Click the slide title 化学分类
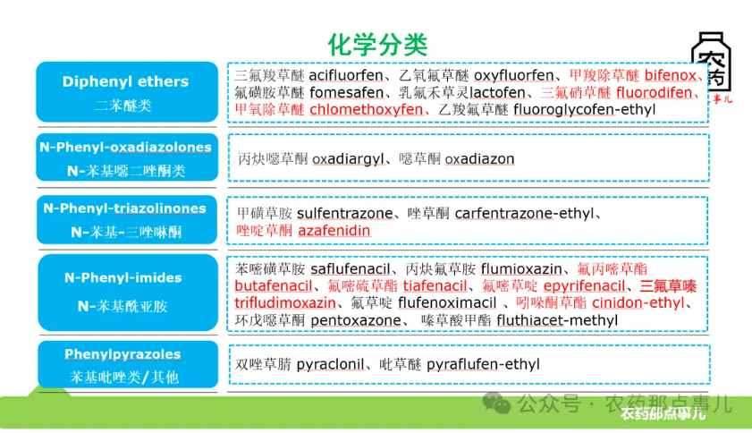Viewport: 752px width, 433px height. pos(377,44)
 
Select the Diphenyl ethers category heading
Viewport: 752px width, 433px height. pos(125,81)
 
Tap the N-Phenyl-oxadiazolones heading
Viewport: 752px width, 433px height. pos(125,148)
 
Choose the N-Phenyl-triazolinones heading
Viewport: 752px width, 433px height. pos(125,208)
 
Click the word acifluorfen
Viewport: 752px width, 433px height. pos(345,75)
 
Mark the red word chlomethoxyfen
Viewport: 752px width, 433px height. pos(366,109)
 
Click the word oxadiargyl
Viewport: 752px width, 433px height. pos(348,158)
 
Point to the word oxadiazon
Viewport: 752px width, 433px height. pos(479,158)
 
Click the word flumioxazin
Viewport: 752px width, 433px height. pos(521,268)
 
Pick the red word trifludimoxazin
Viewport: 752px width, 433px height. pos(285,302)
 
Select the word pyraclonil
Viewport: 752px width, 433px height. pos(332,364)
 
